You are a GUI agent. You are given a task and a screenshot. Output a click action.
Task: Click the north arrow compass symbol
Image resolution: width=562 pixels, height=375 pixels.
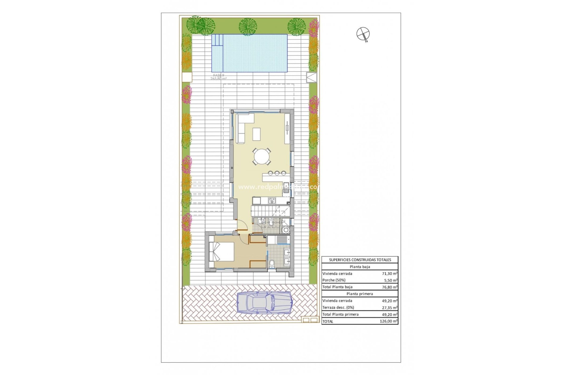(x=363, y=34)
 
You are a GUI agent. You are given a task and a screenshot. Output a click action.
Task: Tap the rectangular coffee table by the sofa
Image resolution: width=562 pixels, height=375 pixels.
(x=257, y=134)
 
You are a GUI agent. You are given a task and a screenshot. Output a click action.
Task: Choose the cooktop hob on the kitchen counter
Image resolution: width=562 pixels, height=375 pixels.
(x=272, y=201)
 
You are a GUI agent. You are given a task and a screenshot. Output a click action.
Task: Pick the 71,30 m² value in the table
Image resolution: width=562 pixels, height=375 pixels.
(x=390, y=274)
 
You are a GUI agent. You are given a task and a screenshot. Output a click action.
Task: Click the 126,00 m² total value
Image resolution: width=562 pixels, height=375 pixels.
(x=388, y=321)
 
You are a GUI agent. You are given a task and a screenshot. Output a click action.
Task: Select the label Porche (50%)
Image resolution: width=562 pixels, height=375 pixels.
(x=334, y=280)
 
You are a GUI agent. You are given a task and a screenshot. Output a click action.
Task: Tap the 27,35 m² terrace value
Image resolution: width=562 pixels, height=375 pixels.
(x=390, y=308)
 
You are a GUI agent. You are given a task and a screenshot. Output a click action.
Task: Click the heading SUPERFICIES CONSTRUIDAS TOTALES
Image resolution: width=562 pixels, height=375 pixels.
(x=360, y=260)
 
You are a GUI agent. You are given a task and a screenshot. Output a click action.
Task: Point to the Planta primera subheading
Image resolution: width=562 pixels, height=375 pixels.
(x=360, y=294)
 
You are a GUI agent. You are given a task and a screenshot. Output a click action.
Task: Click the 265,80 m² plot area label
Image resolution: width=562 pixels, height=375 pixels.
(x=218, y=79)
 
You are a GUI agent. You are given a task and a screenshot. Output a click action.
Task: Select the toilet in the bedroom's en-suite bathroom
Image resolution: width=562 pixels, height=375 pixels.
(x=271, y=264)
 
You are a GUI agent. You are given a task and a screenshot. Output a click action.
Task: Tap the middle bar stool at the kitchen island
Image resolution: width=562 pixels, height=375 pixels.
(x=277, y=173)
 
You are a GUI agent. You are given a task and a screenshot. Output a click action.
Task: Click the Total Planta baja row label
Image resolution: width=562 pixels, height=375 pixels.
(x=337, y=287)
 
